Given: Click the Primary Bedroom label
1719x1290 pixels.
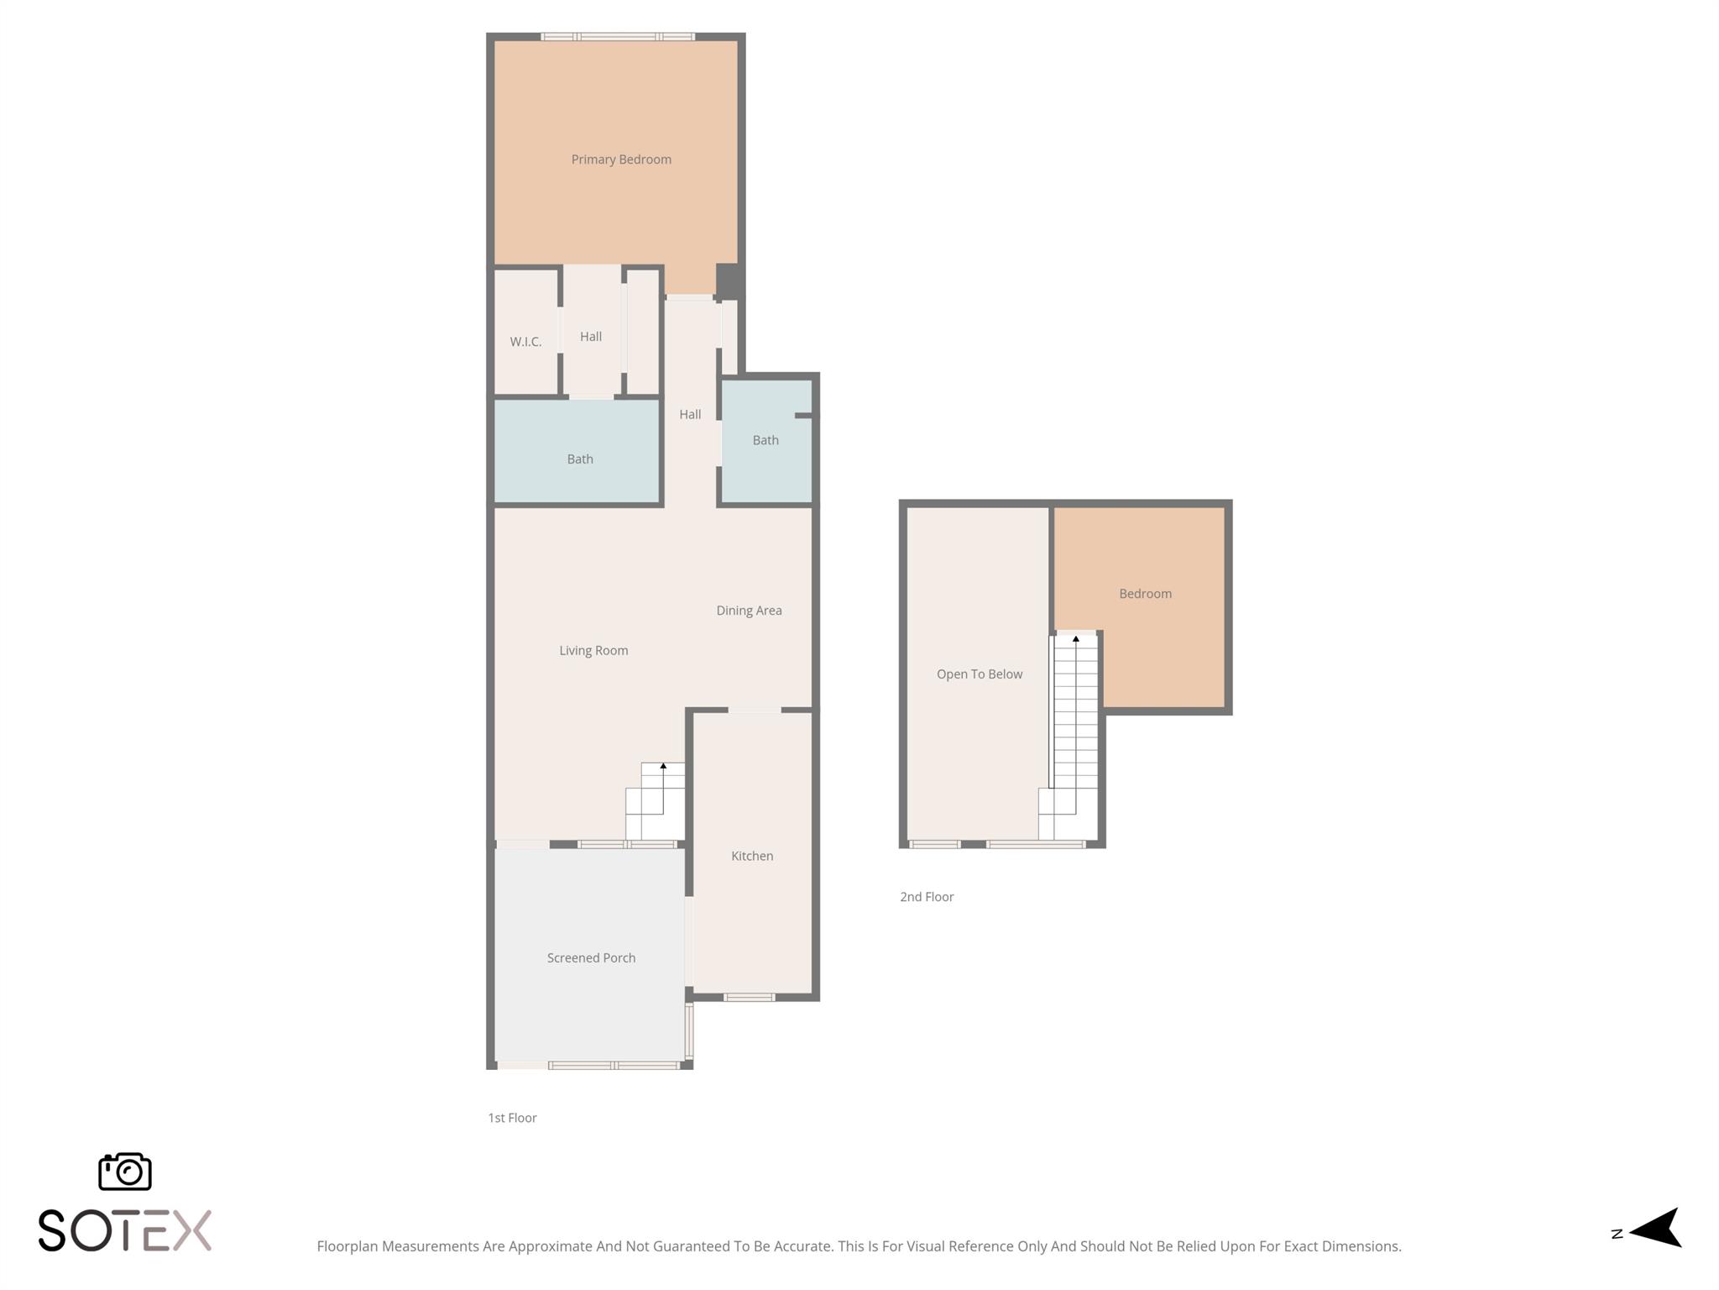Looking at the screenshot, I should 621,160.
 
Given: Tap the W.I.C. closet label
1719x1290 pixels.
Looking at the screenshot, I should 525,342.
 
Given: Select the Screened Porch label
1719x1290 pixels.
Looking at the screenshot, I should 591,957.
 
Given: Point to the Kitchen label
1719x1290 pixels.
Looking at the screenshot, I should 752,856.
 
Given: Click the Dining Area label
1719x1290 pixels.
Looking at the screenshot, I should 749,611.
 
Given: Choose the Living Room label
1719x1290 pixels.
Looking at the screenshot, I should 593,650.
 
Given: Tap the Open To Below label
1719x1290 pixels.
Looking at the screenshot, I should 979,674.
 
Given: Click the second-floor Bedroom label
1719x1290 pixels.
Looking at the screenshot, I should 1145,594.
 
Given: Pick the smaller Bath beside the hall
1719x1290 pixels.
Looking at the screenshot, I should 765,441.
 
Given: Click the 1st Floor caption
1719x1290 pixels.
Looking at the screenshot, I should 512,1118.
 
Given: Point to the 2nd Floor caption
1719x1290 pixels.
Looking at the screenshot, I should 927,897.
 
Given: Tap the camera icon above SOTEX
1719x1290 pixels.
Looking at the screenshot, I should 125,1171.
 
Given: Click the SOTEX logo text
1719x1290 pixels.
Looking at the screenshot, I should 124,1231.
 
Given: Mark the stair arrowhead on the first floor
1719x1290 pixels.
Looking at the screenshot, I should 663,766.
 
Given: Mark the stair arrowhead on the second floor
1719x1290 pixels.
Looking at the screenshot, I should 1075,639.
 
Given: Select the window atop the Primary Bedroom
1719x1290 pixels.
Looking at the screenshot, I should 618,37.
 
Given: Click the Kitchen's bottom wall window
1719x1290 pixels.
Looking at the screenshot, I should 749,997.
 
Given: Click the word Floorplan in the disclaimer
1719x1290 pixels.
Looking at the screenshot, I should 347,1246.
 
